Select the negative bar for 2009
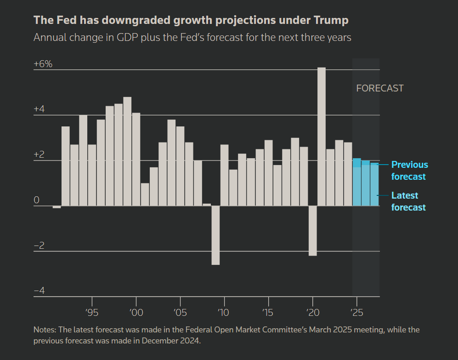click(215, 235)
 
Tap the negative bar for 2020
click(312, 230)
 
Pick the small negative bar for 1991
click(57, 207)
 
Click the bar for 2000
click(136, 159)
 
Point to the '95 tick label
click(92, 313)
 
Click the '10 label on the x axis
click(224, 313)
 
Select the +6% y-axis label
click(43, 64)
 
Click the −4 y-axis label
click(39, 291)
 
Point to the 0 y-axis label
click(37, 200)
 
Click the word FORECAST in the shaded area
click(380, 88)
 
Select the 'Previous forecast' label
click(409, 171)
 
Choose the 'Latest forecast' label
click(408, 201)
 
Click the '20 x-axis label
click(312, 313)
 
